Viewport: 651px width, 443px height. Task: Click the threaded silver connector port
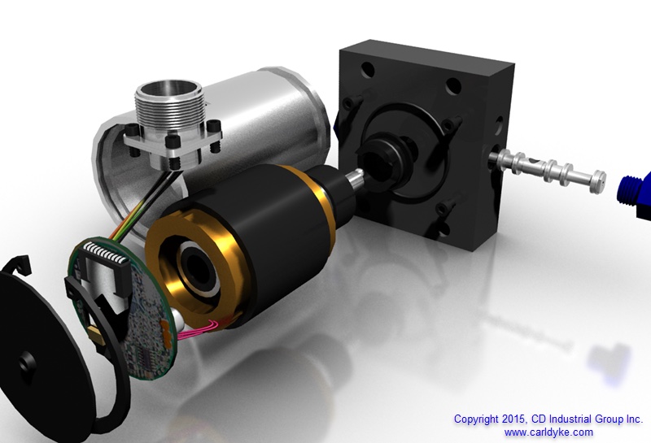point(169,106)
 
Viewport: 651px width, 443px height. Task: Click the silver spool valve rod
point(547,169)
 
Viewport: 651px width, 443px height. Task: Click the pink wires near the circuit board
point(199,328)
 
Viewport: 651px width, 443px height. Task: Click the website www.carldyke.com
point(548,432)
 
